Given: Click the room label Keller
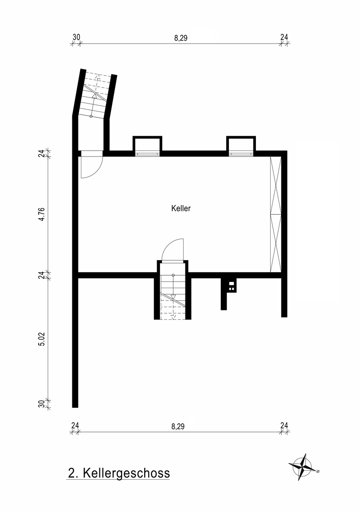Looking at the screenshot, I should (x=181, y=208).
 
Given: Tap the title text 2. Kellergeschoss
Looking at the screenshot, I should (x=119, y=473).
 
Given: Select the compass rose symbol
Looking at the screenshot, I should (x=303, y=467).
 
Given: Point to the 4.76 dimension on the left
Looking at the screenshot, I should (x=42, y=214).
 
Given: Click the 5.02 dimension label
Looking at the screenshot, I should (x=42, y=338).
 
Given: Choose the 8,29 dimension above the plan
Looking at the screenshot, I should (x=181, y=38).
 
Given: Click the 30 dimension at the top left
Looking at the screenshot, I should (x=76, y=37).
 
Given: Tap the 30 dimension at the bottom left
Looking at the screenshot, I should (x=42, y=404).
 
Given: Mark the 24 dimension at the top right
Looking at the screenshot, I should (x=284, y=37).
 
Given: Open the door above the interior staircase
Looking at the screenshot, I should (x=172, y=249).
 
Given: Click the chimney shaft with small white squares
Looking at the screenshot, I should (x=231, y=286).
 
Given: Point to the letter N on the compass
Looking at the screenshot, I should (x=319, y=471).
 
